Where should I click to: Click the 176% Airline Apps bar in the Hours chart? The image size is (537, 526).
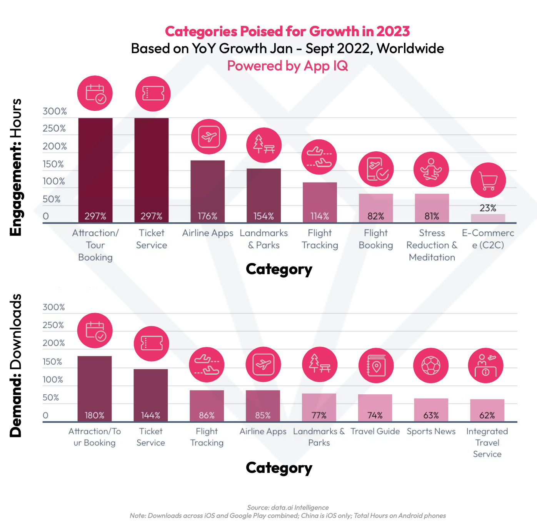coord(208,191)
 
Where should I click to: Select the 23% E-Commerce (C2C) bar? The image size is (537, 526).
coord(488,218)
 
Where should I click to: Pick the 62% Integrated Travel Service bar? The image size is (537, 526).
coord(487,410)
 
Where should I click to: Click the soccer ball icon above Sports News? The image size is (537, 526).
coord(431,365)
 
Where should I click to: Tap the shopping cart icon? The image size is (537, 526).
coord(488,180)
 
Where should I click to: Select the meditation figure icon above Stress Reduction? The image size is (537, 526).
coord(431,169)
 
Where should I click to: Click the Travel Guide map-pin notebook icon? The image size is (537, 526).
coord(376,365)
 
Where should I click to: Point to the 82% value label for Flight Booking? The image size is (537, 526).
coord(376,216)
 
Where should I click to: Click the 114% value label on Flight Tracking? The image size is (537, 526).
coord(320,216)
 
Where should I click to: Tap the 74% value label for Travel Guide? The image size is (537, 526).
coord(375,415)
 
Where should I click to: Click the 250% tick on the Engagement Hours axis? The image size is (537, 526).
coord(54,129)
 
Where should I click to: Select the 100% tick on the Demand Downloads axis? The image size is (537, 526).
coord(53,380)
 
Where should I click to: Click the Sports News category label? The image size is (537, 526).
coord(431,432)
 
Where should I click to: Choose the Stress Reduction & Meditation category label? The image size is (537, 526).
coord(432,245)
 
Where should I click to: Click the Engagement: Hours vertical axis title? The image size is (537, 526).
coord(16,168)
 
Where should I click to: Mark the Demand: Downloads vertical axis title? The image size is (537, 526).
coord(16,366)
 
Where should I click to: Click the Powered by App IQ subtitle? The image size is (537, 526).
coord(287,66)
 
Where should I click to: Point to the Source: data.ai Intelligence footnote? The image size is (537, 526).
coord(288,508)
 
